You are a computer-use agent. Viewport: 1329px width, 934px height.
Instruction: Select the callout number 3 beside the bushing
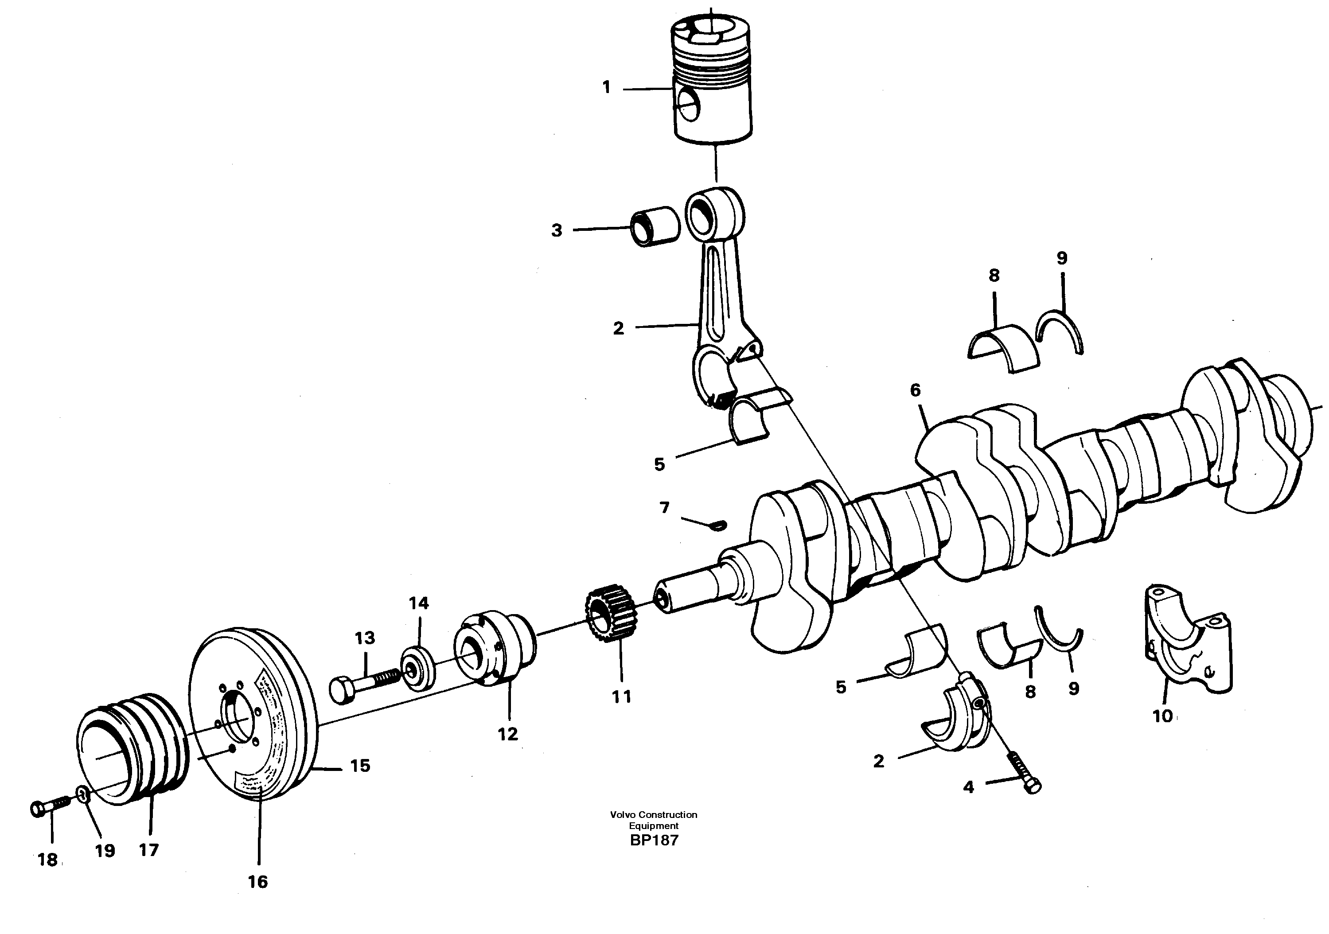tap(556, 231)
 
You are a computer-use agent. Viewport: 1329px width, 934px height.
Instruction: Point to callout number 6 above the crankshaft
tap(915, 391)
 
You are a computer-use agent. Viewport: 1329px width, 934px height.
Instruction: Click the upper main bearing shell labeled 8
tap(1003, 346)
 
